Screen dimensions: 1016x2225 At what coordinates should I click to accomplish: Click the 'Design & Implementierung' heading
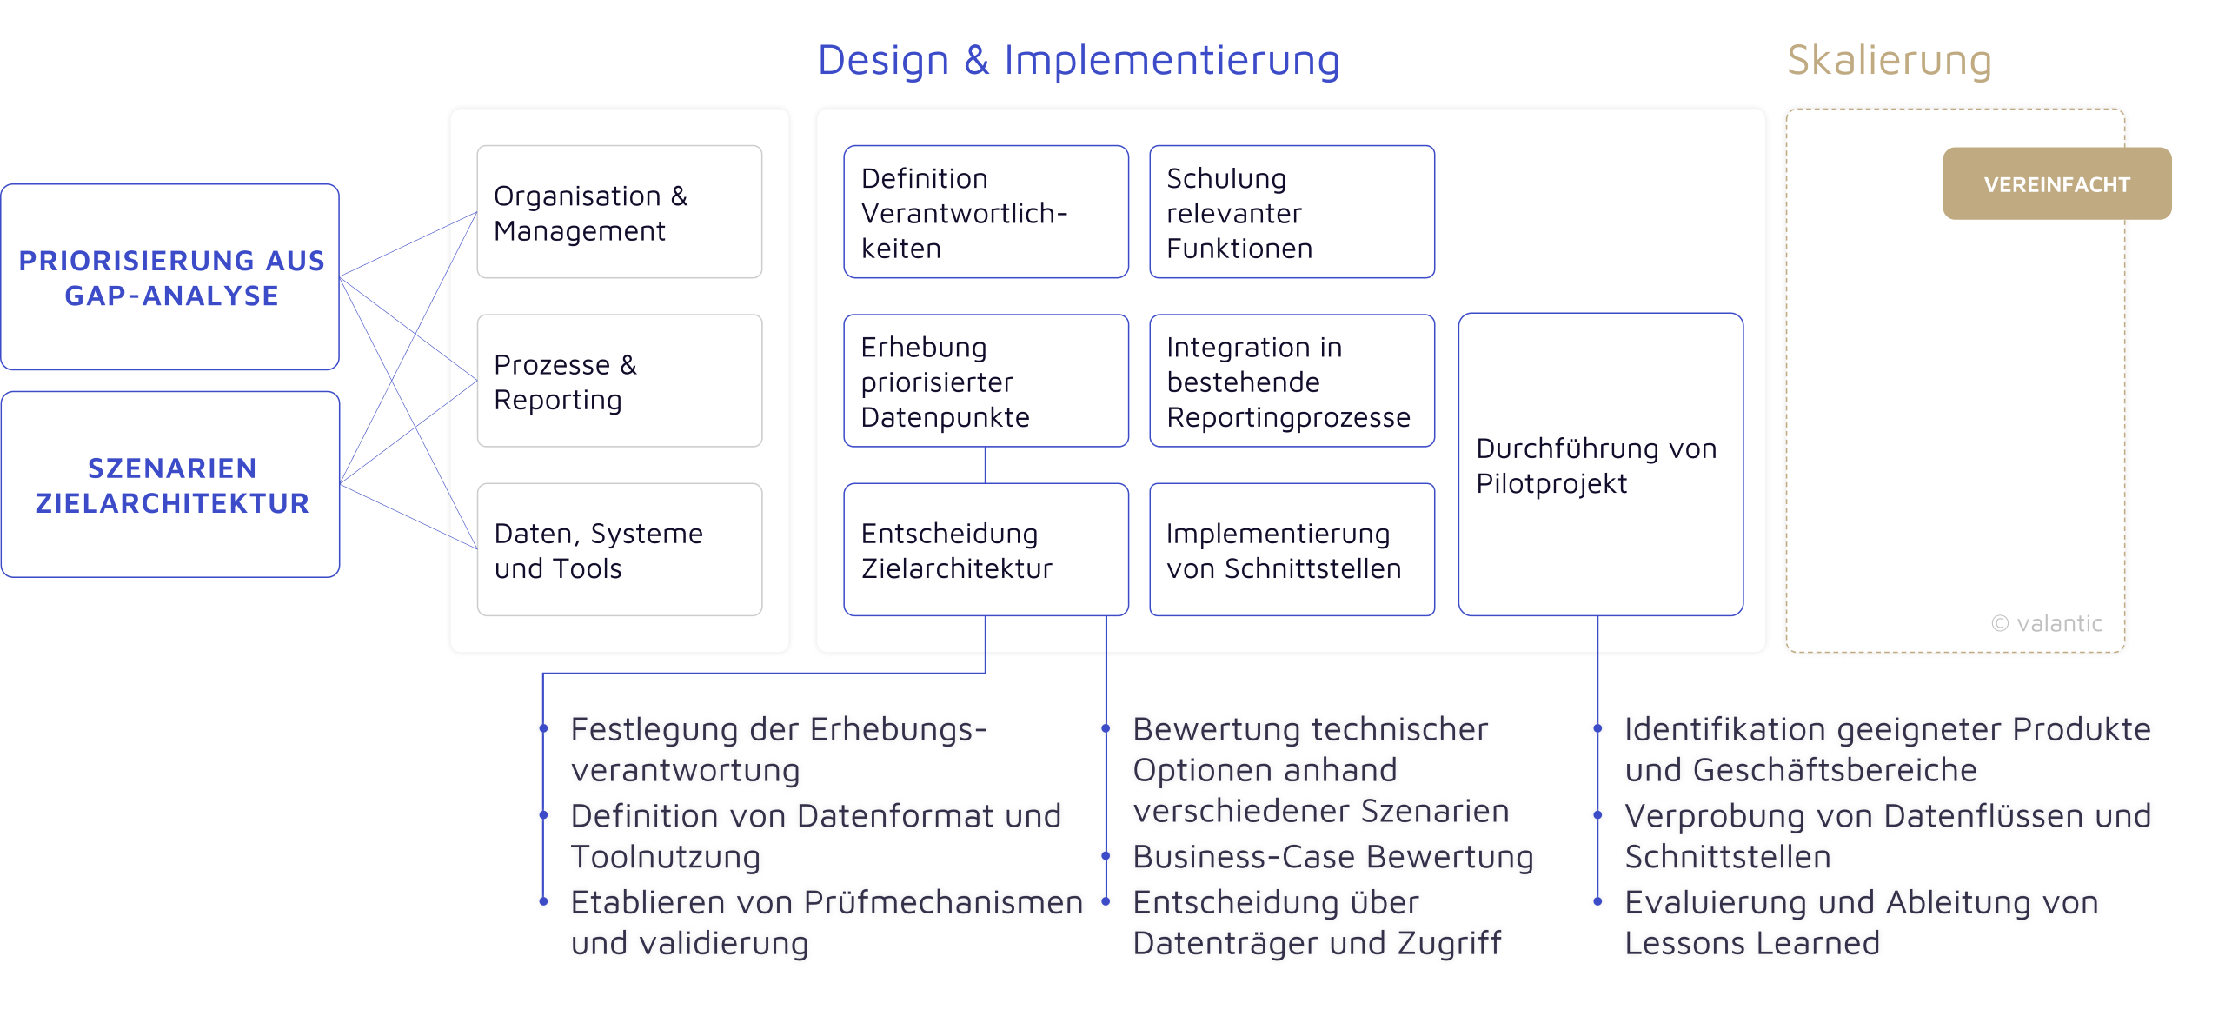[x=1078, y=61]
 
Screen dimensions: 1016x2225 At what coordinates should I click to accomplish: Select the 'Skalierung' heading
[x=1889, y=61]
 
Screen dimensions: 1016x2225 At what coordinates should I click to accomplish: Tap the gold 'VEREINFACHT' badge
[x=2056, y=183]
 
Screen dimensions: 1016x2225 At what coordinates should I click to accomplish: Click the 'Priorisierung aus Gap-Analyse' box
[x=170, y=277]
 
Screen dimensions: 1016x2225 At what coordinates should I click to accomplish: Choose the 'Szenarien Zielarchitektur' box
[x=170, y=484]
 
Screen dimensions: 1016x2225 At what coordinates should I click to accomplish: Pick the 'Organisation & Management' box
[x=619, y=212]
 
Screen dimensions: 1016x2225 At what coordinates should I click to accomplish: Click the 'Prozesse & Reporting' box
[x=619, y=381]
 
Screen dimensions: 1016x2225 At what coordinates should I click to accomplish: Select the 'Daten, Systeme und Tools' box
[x=619, y=549]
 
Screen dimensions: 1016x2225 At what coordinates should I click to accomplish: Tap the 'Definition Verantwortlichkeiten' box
[x=986, y=212]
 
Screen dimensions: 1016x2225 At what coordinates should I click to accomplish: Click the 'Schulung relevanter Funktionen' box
[x=1292, y=212]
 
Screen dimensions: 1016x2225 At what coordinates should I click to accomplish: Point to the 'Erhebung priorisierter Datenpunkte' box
[x=986, y=381]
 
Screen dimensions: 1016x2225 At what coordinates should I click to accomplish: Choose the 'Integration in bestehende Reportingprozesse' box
[x=1292, y=381]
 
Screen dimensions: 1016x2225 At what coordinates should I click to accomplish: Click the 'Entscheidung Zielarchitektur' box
[x=986, y=549]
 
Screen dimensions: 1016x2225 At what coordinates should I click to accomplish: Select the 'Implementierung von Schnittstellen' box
[x=1292, y=549]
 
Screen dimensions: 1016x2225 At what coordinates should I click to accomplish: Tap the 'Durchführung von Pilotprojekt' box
[x=1600, y=464]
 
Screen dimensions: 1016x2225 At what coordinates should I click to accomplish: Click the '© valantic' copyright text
[x=2047, y=623]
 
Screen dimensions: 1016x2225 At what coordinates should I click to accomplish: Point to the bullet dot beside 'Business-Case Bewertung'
[x=1106, y=856]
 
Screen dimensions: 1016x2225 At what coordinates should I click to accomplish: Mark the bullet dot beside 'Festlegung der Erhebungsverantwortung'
[x=543, y=728]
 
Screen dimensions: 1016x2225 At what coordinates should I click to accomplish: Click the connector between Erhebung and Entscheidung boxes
[x=986, y=465]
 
